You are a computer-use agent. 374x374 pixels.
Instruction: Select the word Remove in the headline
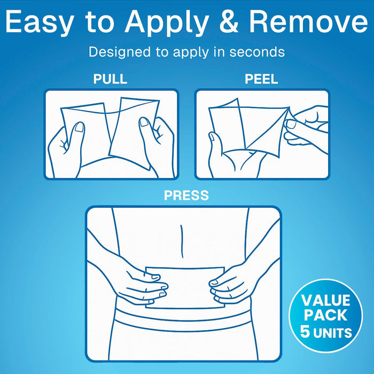tap(308, 21)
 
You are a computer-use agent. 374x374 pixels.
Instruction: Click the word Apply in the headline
tap(167, 23)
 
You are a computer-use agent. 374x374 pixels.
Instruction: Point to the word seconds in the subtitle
tap(257, 52)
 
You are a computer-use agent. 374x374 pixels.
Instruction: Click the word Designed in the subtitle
tap(120, 52)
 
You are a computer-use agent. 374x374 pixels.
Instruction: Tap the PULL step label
tap(110, 79)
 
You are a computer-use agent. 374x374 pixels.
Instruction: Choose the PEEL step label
tap(261, 79)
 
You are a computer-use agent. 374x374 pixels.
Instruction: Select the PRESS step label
tap(186, 196)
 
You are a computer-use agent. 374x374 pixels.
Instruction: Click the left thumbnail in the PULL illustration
tap(80, 127)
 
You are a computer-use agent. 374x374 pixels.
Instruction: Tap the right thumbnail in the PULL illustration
tap(144, 122)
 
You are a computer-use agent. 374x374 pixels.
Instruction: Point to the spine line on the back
tap(182, 241)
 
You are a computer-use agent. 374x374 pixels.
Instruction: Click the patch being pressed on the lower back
tap(185, 287)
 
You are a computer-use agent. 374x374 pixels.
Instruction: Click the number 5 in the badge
tap(305, 331)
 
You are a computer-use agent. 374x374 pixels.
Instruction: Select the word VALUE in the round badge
tap(325, 300)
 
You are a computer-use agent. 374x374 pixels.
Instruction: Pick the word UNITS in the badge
tap(332, 333)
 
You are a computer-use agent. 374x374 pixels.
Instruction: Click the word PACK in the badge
tap(325, 315)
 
